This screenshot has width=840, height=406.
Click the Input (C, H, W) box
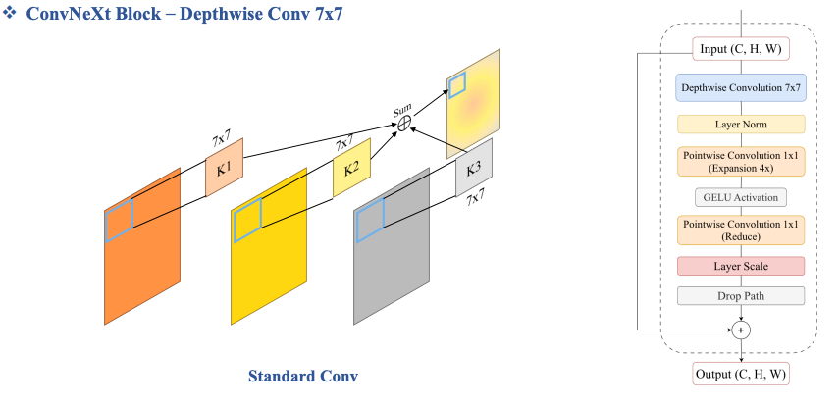click(741, 49)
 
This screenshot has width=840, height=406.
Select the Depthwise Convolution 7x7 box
click(741, 87)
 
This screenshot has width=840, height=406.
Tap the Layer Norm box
click(741, 125)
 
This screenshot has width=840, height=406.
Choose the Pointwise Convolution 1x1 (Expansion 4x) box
click(741, 161)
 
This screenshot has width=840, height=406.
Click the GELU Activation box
click(741, 197)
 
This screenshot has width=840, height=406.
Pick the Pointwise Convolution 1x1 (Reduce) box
click(741, 230)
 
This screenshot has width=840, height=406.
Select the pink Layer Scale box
click(741, 266)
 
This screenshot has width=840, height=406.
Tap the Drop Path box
click(741, 295)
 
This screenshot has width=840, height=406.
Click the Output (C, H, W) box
click(741, 374)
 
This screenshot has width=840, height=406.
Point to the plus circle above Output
click(742, 330)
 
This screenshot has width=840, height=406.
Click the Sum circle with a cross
click(402, 121)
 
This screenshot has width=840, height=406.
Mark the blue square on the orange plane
click(119, 221)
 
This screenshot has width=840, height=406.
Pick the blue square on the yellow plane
click(247, 221)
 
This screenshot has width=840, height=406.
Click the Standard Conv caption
click(303, 376)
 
